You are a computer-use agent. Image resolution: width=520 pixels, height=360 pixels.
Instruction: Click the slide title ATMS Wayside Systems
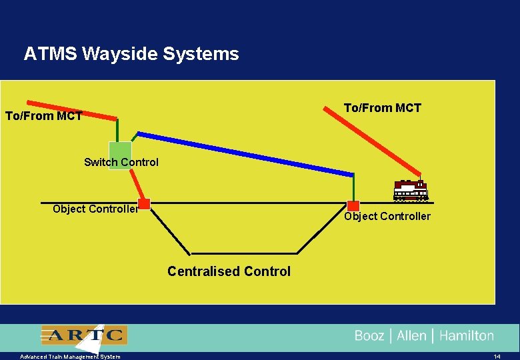(131, 54)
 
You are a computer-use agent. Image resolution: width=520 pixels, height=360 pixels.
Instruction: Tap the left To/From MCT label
(43, 116)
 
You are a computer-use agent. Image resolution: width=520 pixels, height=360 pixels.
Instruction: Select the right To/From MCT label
(382, 108)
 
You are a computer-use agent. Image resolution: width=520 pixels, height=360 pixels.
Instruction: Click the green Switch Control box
(120, 155)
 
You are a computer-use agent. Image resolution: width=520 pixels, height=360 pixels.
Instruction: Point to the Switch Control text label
(121, 162)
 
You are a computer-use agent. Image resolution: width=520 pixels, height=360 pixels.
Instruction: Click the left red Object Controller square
(143, 204)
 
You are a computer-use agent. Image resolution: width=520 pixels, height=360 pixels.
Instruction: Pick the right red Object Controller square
(353, 206)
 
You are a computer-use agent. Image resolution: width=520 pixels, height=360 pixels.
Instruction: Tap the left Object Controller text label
(95, 209)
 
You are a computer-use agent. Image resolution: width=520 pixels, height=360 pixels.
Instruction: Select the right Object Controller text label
(387, 216)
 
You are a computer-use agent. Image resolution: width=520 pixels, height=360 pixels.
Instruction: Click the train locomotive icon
(411, 191)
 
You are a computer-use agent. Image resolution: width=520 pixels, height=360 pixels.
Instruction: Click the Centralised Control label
(229, 271)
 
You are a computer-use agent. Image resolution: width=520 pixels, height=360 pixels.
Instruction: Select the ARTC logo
(83, 335)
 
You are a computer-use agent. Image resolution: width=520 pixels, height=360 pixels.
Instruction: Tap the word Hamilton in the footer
(467, 335)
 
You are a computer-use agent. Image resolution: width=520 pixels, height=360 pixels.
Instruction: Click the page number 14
(497, 357)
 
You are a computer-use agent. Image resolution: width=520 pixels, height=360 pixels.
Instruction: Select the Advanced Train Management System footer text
(70, 357)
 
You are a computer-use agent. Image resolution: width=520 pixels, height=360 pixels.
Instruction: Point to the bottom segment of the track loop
(243, 253)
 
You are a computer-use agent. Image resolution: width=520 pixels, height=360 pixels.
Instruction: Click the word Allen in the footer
(411, 335)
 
